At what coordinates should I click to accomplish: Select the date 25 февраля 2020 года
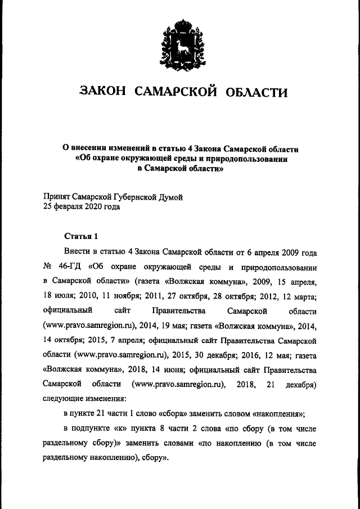click(81, 206)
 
